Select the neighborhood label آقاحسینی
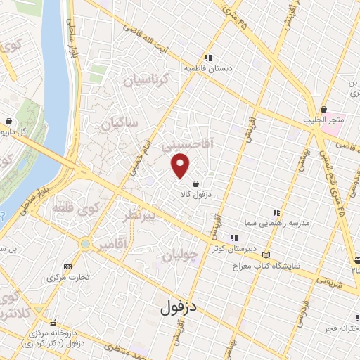(186, 143)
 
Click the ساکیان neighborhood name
(120, 124)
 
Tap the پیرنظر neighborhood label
(145, 214)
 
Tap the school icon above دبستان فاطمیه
(208, 58)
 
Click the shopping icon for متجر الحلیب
(323, 109)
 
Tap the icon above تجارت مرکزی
(67, 267)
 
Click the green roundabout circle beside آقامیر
(85, 244)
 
